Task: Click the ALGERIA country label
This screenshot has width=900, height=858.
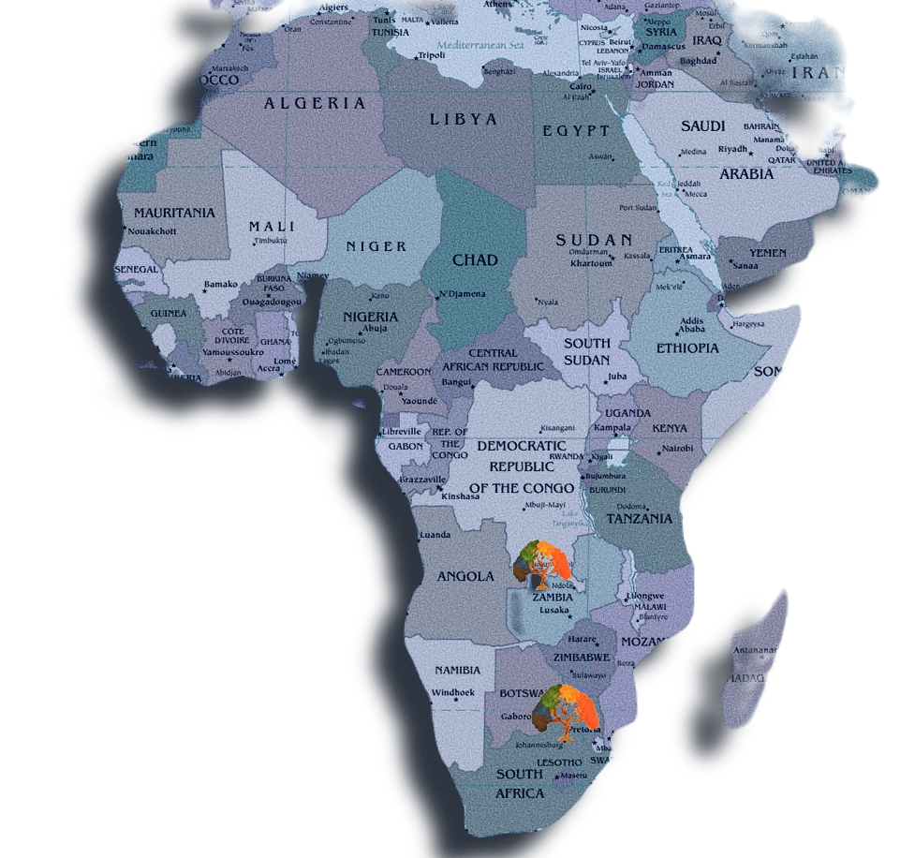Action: point(315,103)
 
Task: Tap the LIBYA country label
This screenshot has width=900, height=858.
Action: point(464,119)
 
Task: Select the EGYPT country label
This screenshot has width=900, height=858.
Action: point(577,131)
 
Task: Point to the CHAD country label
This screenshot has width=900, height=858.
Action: point(475,259)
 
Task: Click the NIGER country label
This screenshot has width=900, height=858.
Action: point(376,246)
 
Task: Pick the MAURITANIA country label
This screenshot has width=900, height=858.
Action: point(174,213)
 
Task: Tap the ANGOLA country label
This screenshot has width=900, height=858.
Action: point(465,576)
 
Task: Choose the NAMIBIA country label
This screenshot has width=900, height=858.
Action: point(457,670)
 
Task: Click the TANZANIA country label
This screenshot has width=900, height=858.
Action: point(640,518)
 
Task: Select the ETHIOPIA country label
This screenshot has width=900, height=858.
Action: point(687,348)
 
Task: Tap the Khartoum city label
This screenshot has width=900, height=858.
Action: point(591,263)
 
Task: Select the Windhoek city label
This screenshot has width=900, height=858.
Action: point(453,692)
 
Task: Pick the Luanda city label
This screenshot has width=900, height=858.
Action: point(436,535)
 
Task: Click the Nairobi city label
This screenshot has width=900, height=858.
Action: point(678,449)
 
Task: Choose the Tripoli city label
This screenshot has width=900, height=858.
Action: point(431,54)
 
